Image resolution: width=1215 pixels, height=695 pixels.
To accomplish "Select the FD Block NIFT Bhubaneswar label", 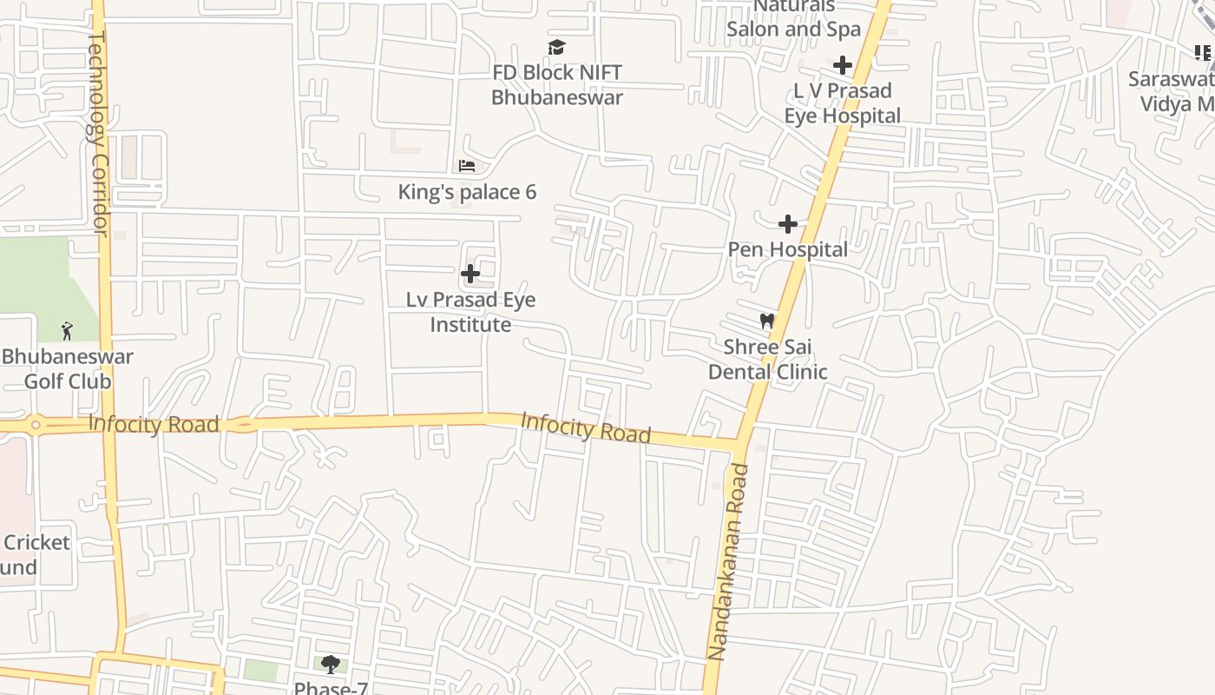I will tap(557, 85).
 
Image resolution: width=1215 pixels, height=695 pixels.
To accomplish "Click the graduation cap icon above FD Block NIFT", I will tap(556, 47).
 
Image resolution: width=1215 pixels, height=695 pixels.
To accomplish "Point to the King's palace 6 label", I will tap(467, 192).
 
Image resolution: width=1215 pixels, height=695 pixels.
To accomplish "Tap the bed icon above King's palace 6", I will tap(467, 166).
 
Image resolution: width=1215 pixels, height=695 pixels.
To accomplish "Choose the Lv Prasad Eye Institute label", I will tap(471, 312).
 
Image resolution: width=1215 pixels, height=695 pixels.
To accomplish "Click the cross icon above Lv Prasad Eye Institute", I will tap(470, 275).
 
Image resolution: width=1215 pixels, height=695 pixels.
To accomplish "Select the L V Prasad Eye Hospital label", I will tap(843, 103).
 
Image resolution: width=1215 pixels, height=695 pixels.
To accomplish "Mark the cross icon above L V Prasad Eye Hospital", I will tap(842, 65).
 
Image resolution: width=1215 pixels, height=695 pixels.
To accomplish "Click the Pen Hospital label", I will tap(787, 249).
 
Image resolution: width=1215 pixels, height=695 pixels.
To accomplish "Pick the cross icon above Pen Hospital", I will tap(787, 225).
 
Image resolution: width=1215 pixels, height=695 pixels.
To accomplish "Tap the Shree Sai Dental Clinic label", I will tap(768, 359).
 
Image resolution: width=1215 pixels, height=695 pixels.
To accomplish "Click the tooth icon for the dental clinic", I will tap(766, 321).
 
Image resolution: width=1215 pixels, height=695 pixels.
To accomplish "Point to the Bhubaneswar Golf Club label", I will tap(68, 368).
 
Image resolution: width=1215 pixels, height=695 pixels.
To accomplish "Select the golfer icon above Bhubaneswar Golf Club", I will tap(67, 331).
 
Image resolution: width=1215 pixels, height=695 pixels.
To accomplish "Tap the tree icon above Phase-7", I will tap(330, 665).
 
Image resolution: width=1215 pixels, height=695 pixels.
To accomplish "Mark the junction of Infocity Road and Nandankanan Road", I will tap(739, 446).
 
